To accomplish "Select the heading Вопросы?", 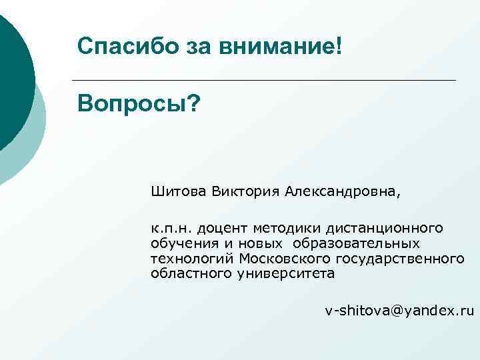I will click(138, 103).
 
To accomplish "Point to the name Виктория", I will click(247, 193).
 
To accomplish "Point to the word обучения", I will click(179, 243).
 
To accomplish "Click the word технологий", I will click(193, 259).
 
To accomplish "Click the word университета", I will click(286, 274).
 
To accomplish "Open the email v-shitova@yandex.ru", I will click(399, 311).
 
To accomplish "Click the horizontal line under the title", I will click(267, 81).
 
